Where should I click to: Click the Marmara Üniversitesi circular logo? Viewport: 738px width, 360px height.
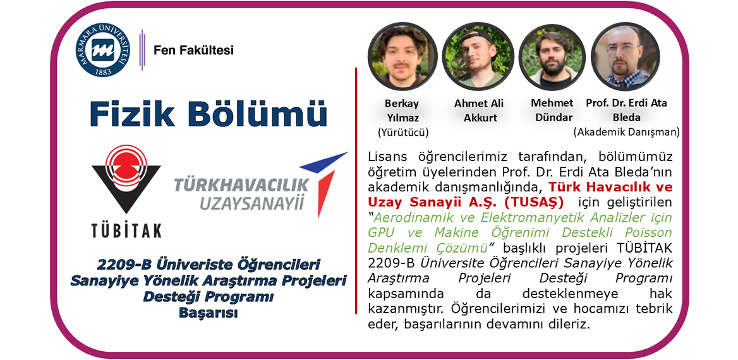pyautogui.click(x=102, y=51)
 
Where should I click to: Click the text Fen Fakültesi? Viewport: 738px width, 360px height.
pyautogui.click(x=193, y=50)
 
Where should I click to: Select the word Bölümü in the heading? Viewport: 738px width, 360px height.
pyautogui.click(x=257, y=114)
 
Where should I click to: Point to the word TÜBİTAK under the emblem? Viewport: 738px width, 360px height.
pyautogui.click(x=126, y=231)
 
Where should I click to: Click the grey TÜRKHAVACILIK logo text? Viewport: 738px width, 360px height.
pyautogui.click(x=241, y=185)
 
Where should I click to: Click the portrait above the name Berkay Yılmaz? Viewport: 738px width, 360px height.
pyautogui.click(x=402, y=56)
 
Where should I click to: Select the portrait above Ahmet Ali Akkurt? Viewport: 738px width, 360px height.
pyautogui.click(x=478, y=56)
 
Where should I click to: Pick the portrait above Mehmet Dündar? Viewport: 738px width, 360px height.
pyautogui.click(x=552, y=56)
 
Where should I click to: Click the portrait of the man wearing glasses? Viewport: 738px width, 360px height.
pyautogui.click(x=626, y=56)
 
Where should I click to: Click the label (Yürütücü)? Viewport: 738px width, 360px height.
pyautogui.click(x=403, y=132)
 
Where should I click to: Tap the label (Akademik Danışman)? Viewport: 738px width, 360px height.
pyautogui.click(x=626, y=132)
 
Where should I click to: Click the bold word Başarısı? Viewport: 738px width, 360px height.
pyautogui.click(x=208, y=313)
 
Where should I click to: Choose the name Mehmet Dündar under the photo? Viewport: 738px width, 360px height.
pyautogui.click(x=552, y=110)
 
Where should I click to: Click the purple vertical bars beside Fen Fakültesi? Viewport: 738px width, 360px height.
pyautogui.click(x=142, y=50)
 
